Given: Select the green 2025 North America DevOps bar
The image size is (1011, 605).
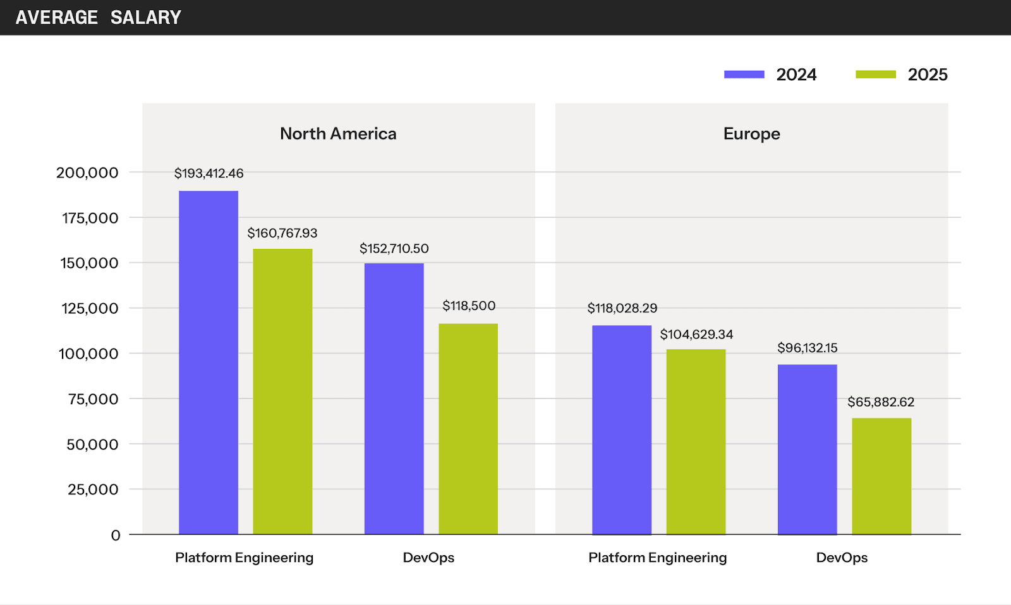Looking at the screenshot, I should tap(468, 429).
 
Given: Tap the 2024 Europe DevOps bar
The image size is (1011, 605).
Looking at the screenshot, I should tap(807, 449).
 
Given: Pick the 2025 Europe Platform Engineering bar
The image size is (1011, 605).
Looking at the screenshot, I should tap(696, 441).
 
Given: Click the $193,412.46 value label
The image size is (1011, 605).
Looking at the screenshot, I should tap(209, 173).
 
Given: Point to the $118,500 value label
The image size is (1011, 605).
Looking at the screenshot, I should tap(469, 306).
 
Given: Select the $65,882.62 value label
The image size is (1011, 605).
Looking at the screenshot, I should tap(881, 402).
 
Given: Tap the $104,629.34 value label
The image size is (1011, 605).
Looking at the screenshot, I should tap(696, 334).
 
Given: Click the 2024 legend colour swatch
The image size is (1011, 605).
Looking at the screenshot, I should tap(744, 75).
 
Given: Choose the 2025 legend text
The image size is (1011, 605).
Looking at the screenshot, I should tap(928, 75).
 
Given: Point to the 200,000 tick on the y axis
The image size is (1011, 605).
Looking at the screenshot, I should tap(87, 172).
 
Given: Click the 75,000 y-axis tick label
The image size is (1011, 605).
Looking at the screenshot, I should tap(93, 399).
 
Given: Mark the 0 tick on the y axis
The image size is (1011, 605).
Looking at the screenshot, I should tap(116, 536).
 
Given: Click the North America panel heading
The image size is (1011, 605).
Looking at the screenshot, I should tap(338, 134).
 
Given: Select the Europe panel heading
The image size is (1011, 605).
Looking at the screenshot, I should tap(751, 134).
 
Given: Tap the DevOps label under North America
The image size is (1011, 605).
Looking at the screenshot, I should tap(428, 558).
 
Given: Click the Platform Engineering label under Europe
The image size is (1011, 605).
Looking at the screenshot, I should tap(657, 558).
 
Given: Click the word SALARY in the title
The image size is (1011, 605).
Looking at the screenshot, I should tap(146, 18).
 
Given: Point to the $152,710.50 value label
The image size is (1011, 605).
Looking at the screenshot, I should tap(394, 248).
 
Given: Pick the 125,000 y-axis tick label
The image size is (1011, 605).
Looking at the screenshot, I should tap(90, 308).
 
